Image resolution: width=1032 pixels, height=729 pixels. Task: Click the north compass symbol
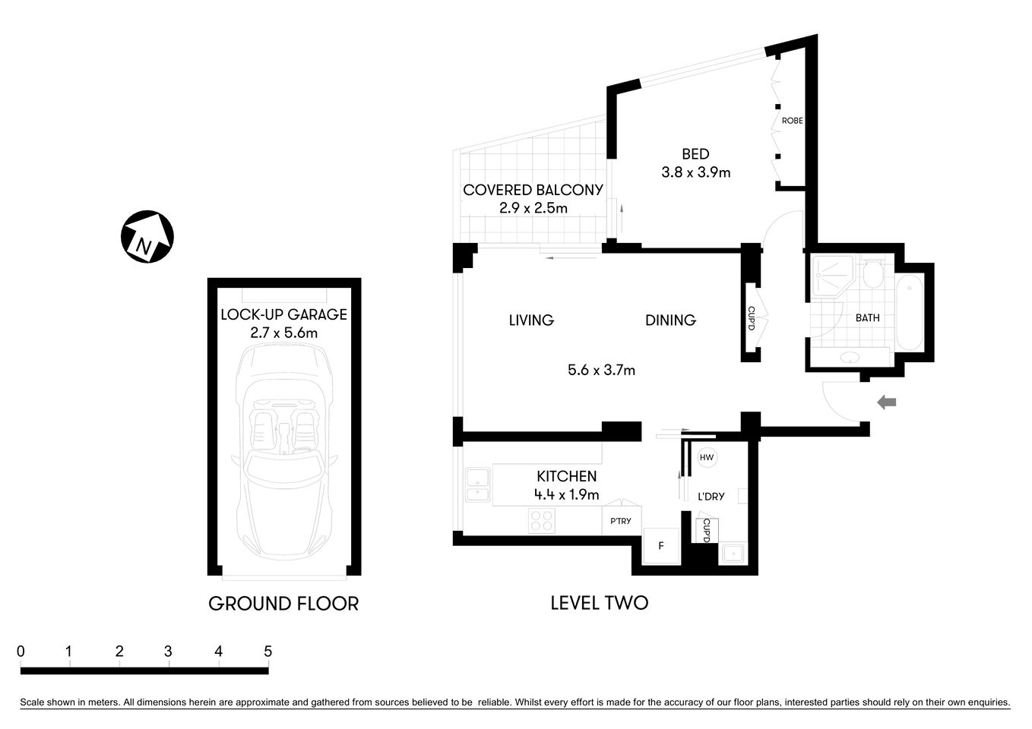[147, 237]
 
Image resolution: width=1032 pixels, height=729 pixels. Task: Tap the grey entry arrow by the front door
[887, 402]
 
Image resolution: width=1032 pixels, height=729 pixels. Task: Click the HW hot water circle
[707, 457]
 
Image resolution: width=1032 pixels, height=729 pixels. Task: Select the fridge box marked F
[661, 546]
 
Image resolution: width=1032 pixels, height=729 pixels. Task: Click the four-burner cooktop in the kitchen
[542, 521]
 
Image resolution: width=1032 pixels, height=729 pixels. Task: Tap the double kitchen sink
[477, 486]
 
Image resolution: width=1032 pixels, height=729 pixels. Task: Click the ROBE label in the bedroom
[792, 121]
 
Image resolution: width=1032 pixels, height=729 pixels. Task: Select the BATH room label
[867, 318]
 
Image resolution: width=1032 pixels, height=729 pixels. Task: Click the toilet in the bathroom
[873, 276]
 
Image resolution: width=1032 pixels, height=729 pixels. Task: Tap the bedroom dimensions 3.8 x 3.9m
[695, 172]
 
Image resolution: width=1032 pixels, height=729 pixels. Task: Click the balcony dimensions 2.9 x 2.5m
[533, 208]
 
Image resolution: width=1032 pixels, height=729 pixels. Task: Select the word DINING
[670, 320]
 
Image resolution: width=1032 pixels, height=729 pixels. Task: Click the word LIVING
[531, 320]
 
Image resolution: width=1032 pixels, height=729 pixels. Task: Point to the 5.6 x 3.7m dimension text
[601, 371]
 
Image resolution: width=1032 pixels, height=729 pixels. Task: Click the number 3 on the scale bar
[168, 652]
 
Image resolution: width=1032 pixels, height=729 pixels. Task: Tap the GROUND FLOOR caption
[283, 604]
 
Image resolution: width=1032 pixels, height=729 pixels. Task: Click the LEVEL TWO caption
[599, 603]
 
